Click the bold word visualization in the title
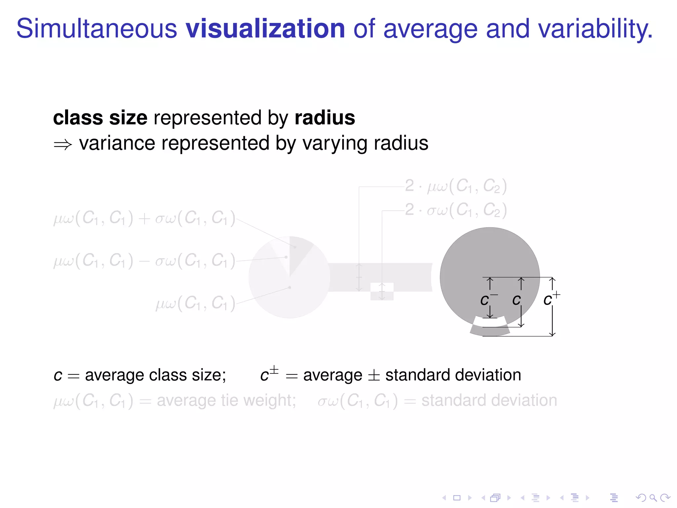point(265,29)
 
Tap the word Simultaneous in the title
point(97,29)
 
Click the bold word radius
point(325,118)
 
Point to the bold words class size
point(100,118)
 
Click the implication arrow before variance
point(63,145)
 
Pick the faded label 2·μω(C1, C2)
point(456,186)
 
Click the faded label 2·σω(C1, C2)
point(456,210)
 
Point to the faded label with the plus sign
point(144,218)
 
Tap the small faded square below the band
point(382,292)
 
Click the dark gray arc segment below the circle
point(490,331)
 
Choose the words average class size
point(155,375)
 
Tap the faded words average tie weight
point(226,401)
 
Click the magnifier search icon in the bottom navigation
point(653,497)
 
